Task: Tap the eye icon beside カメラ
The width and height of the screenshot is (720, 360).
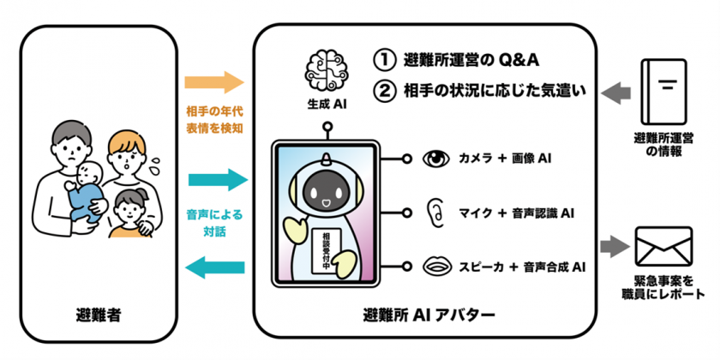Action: coord(437,159)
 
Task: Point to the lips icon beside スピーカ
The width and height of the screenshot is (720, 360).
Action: coord(437,267)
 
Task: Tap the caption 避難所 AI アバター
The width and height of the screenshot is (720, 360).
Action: coord(423,316)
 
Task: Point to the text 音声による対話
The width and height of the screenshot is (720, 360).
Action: coord(214,223)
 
